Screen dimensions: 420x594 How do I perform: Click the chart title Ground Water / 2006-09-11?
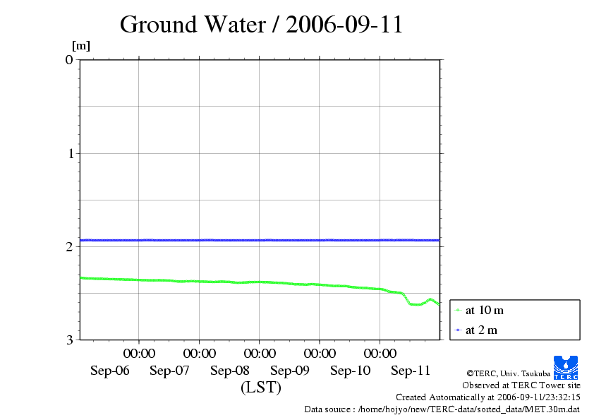pyautogui.click(x=261, y=25)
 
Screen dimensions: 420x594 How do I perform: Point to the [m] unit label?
pyautogui.click(x=81, y=47)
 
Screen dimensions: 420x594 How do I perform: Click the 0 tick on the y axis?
pyautogui.click(x=69, y=59)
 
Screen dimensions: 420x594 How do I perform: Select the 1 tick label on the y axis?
pyautogui.click(x=69, y=153)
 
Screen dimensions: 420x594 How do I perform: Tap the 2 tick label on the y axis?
pyautogui.click(x=69, y=246)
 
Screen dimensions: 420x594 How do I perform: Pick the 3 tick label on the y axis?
pyautogui.click(x=69, y=340)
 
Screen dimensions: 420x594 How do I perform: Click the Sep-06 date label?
pyautogui.click(x=110, y=371)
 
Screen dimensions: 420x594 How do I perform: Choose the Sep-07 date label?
pyautogui.click(x=170, y=371)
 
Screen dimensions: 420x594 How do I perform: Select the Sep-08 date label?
pyautogui.click(x=230, y=371)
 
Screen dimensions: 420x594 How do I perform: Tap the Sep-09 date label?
pyautogui.click(x=291, y=371)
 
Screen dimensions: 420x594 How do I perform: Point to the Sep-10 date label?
pyautogui.click(x=351, y=371)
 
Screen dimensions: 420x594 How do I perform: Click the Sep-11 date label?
pyautogui.click(x=411, y=371)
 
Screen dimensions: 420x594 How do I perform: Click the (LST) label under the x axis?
pyautogui.click(x=261, y=388)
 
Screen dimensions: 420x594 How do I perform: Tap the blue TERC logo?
pyautogui.click(x=565, y=367)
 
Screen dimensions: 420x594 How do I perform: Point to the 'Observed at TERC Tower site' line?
pyautogui.click(x=521, y=385)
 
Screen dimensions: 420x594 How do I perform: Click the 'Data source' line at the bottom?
pyautogui.click(x=442, y=409)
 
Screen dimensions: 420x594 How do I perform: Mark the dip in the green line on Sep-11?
pyautogui.click(x=415, y=304)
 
